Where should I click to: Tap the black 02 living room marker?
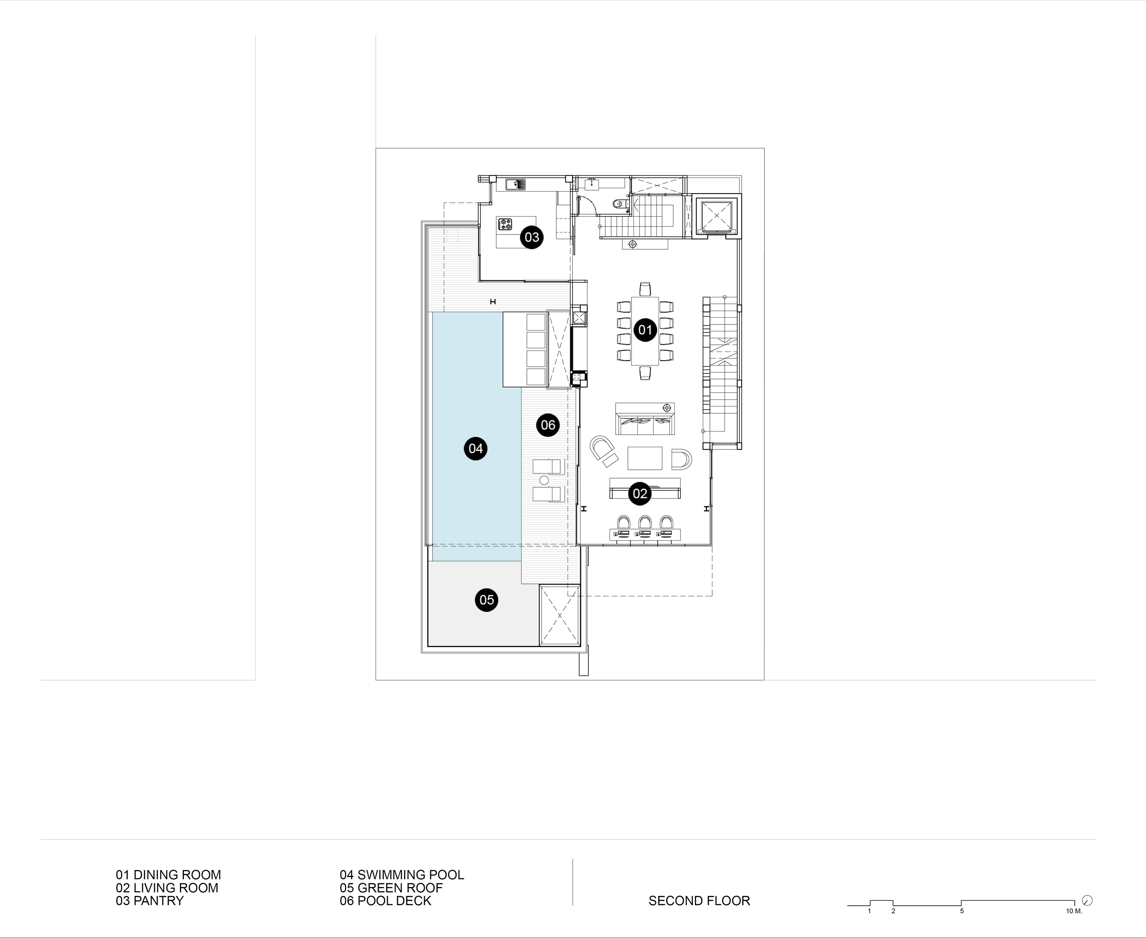tap(639, 493)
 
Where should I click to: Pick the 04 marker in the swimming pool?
tap(475, 448)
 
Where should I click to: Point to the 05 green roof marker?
tap(487, 600)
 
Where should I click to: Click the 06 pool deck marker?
tap(548, 425)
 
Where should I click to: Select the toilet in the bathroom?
tap(620, 204)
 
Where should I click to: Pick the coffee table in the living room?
tap(645, 458)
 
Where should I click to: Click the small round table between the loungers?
tap(544, 480)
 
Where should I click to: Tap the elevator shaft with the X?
tap(717, 216)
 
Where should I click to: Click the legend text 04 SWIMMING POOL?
tap(402, 874)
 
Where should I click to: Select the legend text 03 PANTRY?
tap(150, 900)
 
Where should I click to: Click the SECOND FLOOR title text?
tap(700, 900)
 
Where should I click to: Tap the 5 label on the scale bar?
tap(962, 911)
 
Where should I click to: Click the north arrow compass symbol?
tap(1088, 900)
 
